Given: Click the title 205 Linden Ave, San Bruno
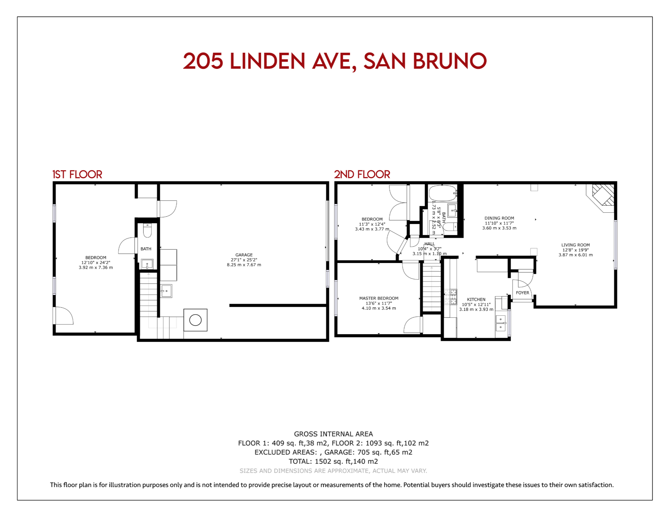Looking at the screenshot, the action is (x=335, y=61).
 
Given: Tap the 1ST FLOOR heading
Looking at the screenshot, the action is (x=77, y=174).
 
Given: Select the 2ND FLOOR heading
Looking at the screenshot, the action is (x=362, y=174).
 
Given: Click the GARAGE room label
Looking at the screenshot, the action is (x=244, y=255).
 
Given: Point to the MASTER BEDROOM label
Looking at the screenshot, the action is (x=379, y=298).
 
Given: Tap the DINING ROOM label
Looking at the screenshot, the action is (x=499, y=218).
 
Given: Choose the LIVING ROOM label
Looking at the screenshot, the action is (x=575, y=245).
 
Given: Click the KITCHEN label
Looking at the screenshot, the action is (x=476, y=300).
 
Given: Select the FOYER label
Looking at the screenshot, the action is (x=522, y=293).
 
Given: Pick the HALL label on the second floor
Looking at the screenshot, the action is (x=429, y=244).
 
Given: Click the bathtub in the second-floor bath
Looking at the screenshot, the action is (x=443, y=193).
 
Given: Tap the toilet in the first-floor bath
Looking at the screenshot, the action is (x=147, y=230).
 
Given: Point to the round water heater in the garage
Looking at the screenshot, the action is (x=195, y=320).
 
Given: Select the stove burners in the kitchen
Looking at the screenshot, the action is (x=450, y=297).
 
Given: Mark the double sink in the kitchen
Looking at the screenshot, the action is (x=500, y=323).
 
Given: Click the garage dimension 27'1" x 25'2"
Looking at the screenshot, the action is (x=244, y=260).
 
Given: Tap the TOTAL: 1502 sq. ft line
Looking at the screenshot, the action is (x=333, y=462).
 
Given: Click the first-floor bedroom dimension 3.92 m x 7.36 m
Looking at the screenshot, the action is (x=96, y=268).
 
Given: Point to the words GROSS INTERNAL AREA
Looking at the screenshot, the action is (x=333, y=434).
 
